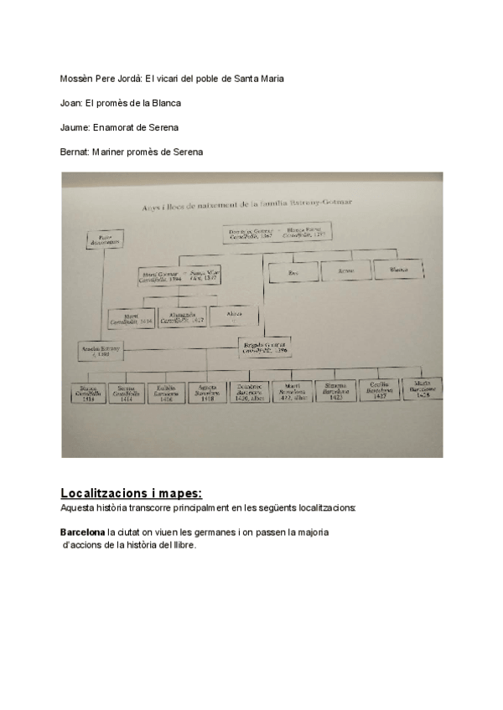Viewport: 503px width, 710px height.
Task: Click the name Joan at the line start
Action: point(70,103)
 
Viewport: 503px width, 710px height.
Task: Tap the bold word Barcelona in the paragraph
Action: point(82,532)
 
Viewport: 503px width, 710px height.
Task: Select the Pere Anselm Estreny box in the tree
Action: point(105,240)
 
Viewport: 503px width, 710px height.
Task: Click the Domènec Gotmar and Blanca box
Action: point(277,234)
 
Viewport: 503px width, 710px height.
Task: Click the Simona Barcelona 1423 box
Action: point(336,392)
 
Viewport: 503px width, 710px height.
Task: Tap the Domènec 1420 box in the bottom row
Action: point(249,393)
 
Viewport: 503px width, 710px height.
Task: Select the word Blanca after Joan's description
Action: point(169,103)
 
